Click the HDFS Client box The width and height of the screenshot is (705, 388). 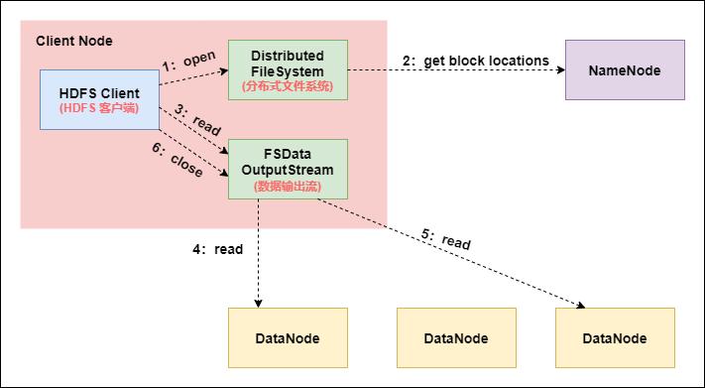pyautogui.click(x=99, y=99)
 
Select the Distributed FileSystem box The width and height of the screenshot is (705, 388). pyautogui.click(x=288, y=69)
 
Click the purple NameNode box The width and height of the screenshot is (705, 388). pyautogui.click(x=625, y=69)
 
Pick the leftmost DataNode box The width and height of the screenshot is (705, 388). pyautogui.click(x=288, y=338)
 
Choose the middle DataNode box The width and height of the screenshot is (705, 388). pyautogui.click(x=456, y=338)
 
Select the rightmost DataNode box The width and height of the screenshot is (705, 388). pyautogui.click(x=615, y=338)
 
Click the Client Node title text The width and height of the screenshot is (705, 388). pyautogui.click(x=74, y=41)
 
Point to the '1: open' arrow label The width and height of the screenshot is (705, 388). pyautogui.click(x=188, y=61)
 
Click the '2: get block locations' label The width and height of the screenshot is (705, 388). pyautogui.click(x=476, y=61)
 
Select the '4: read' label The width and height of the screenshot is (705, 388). pyautogui.click(x=218, y=249)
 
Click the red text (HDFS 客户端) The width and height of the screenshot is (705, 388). pyautogui.click(x=99, y=107)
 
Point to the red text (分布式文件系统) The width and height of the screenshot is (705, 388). pyautogui.click(x=288, y=86)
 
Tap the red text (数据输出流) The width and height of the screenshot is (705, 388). pyautogui.click(x=288, y=186)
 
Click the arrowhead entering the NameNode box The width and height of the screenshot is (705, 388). pyautogui.click(x=559, y=70)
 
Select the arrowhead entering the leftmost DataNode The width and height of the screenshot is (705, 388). pyautogui.click(x=259, y=303)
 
